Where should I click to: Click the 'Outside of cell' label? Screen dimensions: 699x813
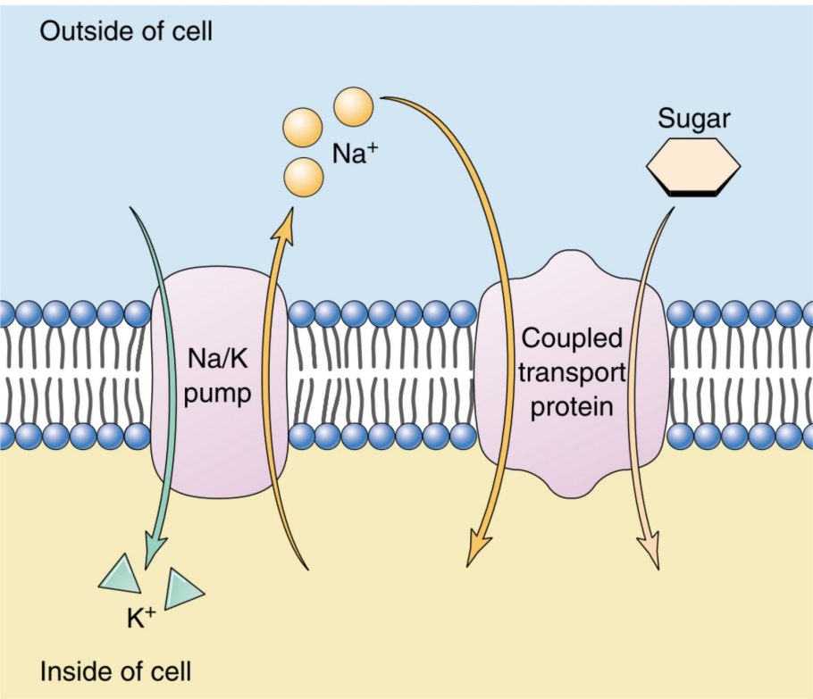click(126, 34)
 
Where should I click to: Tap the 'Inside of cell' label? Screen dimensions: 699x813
click(115, 669)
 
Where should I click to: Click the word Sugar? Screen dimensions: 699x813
click(692, 117)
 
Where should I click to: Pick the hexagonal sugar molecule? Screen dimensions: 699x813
click(693, 165)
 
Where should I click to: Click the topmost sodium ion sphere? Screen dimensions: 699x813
click(353, 107)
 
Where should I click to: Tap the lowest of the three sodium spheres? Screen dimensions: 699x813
click(303, 177)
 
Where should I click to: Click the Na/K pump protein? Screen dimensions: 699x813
click(219, 384)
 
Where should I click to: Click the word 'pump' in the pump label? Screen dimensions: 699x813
click(219, 394)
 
